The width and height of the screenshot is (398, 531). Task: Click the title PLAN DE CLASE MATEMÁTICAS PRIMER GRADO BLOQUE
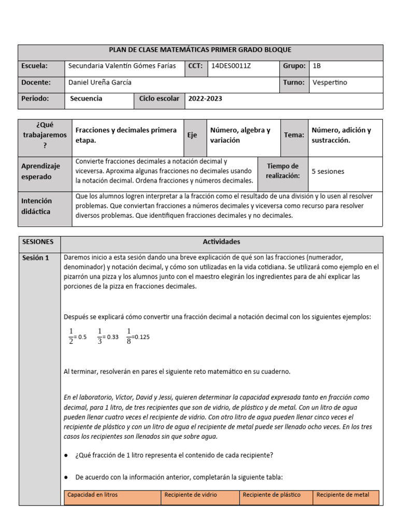(x=200, y=50)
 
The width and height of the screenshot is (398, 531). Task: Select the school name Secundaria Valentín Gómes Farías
(x=122, y=66)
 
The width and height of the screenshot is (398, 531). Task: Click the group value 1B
(x=317, y=66)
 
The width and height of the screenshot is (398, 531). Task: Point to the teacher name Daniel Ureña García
(x=100, y=82)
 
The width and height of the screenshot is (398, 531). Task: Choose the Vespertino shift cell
(x=330, y=82)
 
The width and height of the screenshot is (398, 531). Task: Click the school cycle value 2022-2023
(x=205, y=99)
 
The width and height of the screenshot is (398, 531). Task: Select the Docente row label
(x=36, y=82)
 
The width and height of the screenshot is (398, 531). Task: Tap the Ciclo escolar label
(x=159, y=99)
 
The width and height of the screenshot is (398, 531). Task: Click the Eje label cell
(x=192, y=135)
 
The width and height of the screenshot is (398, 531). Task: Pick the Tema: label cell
(x=294, y=135)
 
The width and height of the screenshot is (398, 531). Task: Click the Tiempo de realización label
(x=282, y=171)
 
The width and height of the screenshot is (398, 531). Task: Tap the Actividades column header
(x=221, y=242)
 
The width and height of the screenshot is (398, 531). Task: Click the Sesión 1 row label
(x=36, y=258)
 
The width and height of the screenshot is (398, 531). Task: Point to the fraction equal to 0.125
(x=129, y=337)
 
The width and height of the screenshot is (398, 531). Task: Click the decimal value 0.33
(x=111, y=337)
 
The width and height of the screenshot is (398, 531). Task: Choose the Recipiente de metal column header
(x=343, y=495)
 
